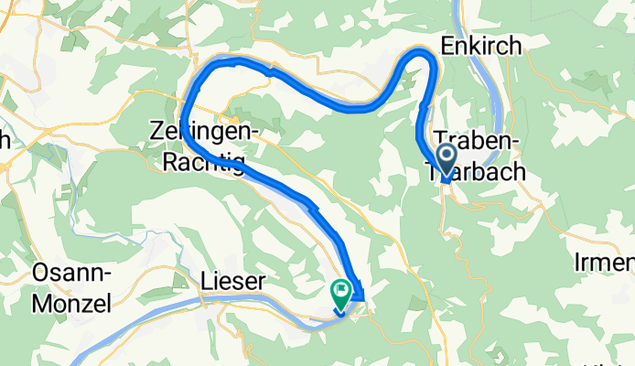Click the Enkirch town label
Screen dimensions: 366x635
[x=481, y=46]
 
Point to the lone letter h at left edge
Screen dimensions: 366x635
[x=5, y=140]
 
